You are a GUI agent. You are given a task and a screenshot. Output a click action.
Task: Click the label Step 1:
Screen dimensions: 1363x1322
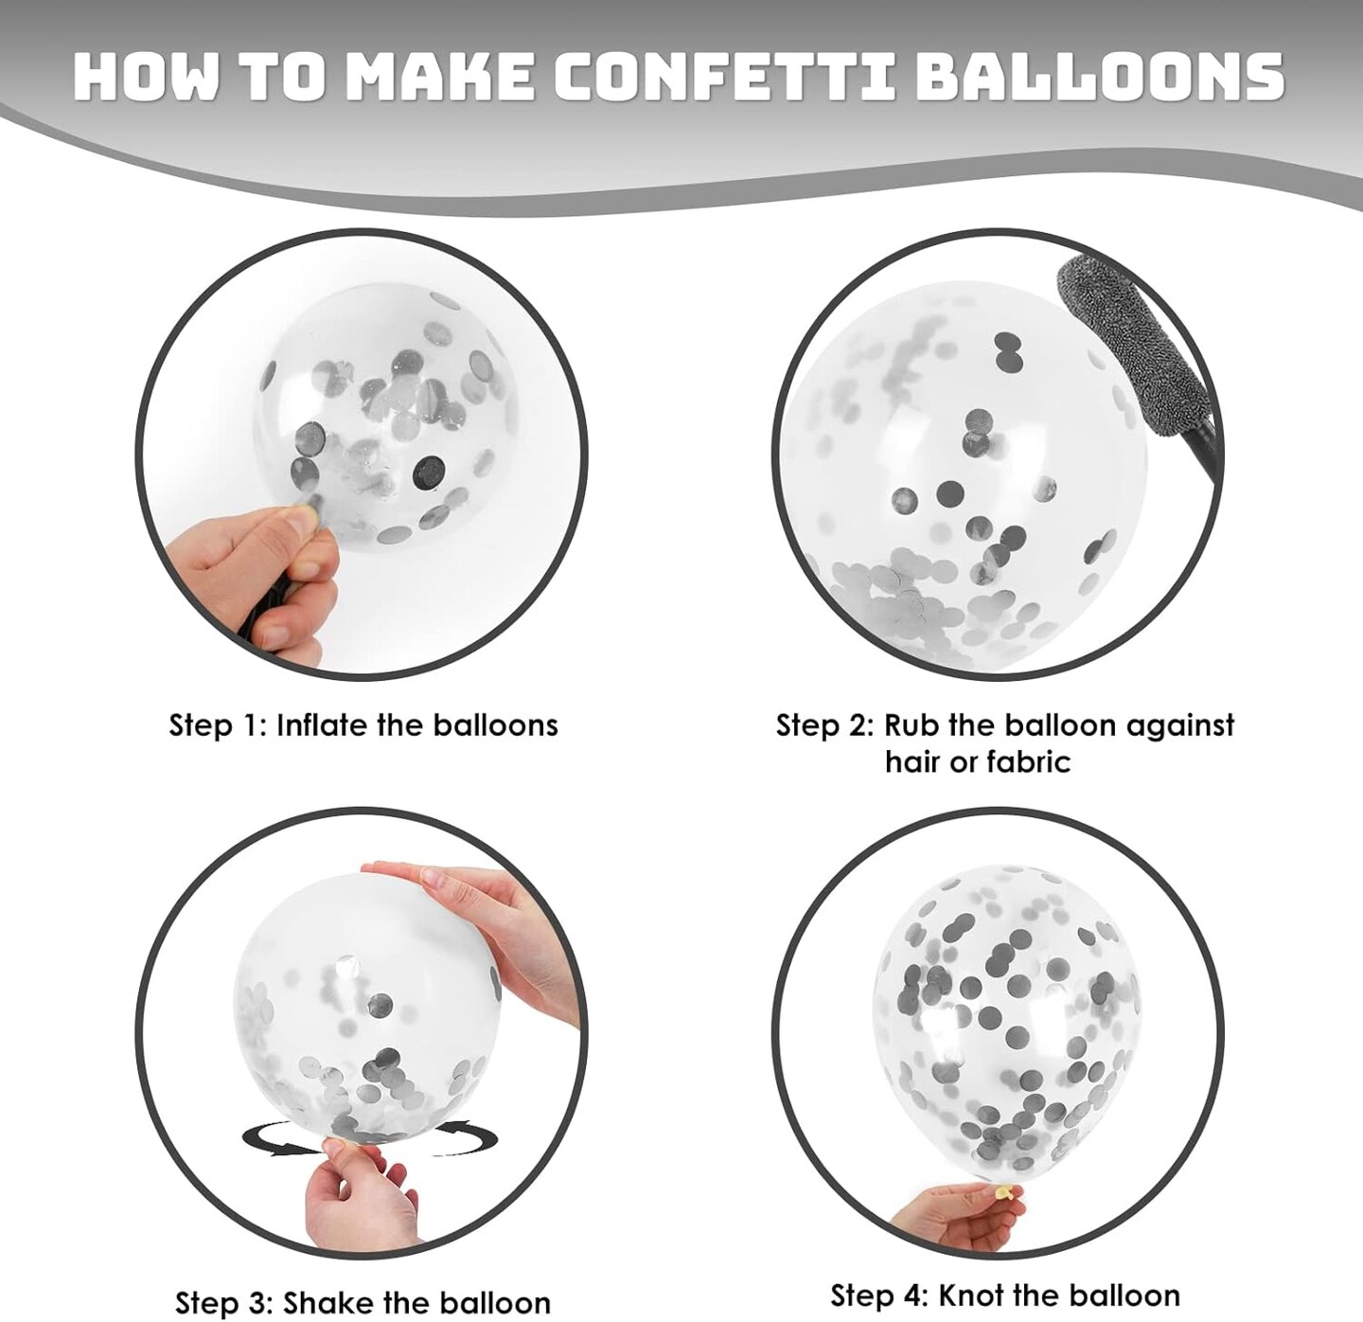pos(218,725)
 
